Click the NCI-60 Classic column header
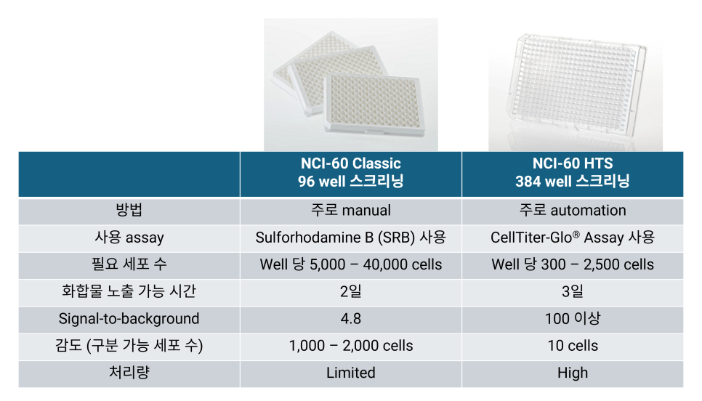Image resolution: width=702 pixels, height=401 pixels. [350, 172]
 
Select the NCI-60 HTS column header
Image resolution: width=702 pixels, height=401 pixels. [573, 172]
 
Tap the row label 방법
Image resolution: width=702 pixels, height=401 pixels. [129, 210]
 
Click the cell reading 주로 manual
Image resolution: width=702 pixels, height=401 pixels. [350, 211]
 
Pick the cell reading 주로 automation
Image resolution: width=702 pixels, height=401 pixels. [573, 211]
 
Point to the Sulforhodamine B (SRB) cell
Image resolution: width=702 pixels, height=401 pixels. [350, 238]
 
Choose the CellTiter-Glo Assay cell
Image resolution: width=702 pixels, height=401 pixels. [573, 238]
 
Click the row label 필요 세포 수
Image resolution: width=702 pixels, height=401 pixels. [129, 264]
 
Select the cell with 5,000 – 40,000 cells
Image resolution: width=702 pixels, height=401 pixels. [350, 264]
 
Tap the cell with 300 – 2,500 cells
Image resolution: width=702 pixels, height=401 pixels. [573, 264]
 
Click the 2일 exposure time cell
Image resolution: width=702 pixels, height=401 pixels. [350, 291]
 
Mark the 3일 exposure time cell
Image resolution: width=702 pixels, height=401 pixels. [573, 291]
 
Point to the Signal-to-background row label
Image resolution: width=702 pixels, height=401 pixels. [129, 319]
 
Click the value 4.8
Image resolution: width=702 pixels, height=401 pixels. [350, 319]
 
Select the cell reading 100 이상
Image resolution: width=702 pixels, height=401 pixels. [573, 319]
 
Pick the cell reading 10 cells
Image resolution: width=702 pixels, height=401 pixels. [573, 346]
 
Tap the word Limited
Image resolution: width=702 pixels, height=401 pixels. [350, 373]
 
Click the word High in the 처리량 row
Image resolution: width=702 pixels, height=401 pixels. [573, 373]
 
